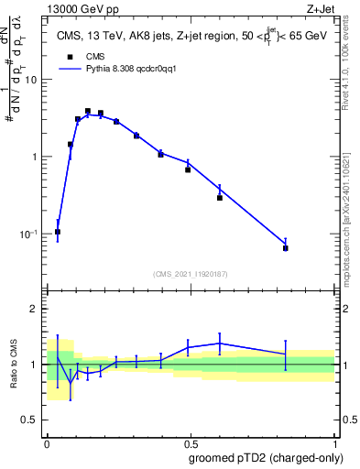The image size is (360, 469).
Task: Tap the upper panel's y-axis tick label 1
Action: [x=35, y=157]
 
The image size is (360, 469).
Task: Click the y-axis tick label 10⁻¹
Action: [x=29, y=234]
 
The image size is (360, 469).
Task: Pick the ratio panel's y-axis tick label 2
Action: [x=35, y=309]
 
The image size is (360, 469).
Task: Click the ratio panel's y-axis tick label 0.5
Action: [x=31, y=420]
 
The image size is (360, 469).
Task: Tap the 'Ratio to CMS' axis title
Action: [x=15, y=365]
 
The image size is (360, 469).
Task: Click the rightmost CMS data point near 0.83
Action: [x=286, y=248]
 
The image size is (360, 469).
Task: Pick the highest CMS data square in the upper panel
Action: [x=88, y=111]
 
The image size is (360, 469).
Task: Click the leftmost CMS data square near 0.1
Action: [x=58, y=232]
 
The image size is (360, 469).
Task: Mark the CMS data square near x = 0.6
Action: [x=220, y=197]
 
